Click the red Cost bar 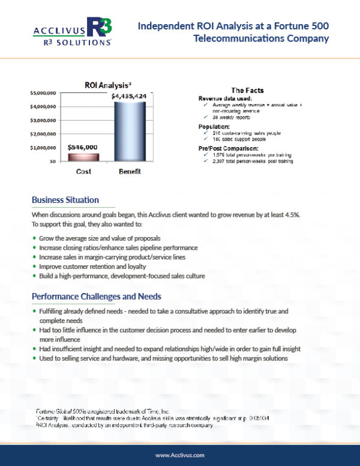coord(83,157)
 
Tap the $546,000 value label coord(83,147)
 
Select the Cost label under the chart coord(83,172)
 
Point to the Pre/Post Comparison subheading coord(228,148)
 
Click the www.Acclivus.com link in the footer coord(179,455)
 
